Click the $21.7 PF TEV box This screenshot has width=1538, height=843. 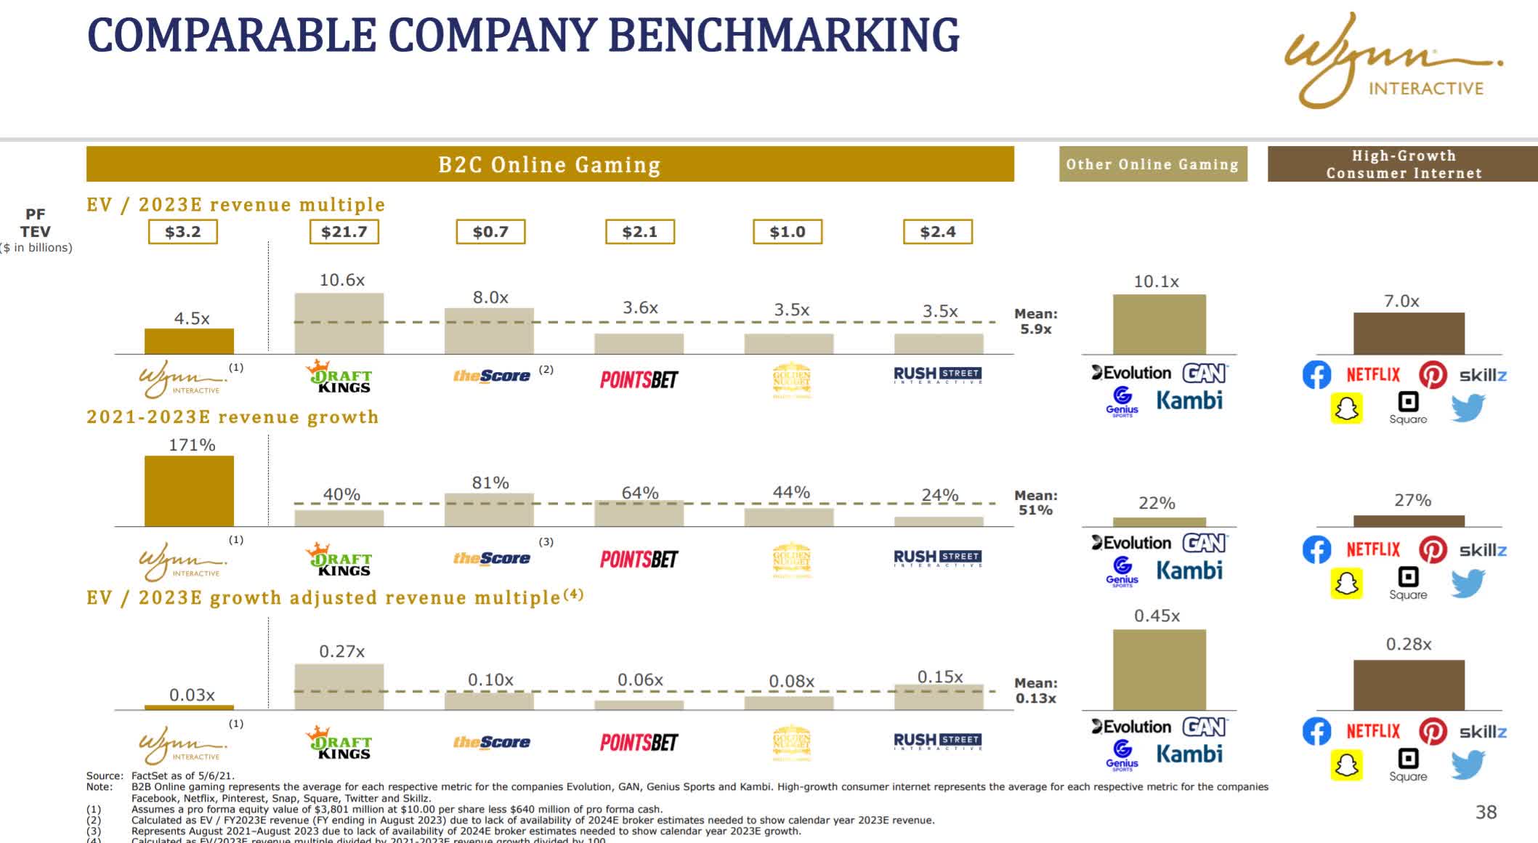(344, 232)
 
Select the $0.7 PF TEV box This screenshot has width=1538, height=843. (490, 232)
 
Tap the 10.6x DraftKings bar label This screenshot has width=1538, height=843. (342, 280)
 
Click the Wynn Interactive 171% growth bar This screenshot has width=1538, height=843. (189, 491)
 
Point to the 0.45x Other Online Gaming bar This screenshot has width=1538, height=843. (1159, 669)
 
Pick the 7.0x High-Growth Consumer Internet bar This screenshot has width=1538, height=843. (1408, 333)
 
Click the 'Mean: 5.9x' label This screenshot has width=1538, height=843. (1036, 321)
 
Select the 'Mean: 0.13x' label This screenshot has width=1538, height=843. (1036, 690)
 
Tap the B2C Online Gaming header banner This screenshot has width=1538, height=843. (549, 164)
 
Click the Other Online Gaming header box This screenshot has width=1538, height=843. (1152, 164)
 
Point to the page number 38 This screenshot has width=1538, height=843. (1486, 812)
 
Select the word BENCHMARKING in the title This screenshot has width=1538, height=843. (783, 35)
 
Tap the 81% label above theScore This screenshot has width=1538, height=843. (490, 483)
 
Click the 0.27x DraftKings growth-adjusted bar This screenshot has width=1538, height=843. (339, 687)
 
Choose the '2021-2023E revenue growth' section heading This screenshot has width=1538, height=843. (232, 417)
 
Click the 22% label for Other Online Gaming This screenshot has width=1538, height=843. (1157, 503)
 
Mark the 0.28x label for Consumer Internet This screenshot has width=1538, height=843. (1408, 644)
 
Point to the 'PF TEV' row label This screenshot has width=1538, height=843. (35, 223)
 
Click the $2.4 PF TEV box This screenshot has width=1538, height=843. (937, 232)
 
